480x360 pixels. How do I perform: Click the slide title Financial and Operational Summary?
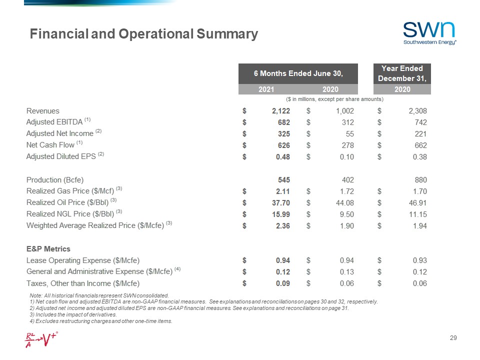click(x=144, y=34)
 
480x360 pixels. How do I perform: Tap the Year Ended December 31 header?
click(x=402, y=73)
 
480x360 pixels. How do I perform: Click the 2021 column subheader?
click(x=266, y=89)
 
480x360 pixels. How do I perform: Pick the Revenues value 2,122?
click(x=280, y=111)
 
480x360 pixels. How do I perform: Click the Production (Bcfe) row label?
click(x=55, y=179)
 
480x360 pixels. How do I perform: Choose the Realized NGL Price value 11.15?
click(x=417, y=214)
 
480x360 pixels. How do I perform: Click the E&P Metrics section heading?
click(x=48, y=248)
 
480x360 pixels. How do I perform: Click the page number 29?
click(x=453, y=339)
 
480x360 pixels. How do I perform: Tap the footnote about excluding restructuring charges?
click(x=101, y=321)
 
